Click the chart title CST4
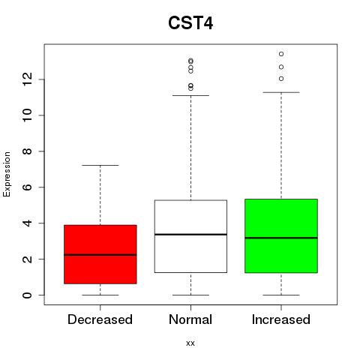click(190, 23)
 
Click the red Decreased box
click(100, 254)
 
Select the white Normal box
click(190, 236)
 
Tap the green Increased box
click(281, 235)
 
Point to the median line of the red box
click(100, 255)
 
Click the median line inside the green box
click(281, 238)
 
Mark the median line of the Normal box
click(190, 234)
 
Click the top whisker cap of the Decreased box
click(100, 165)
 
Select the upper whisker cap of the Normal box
click(190, 95)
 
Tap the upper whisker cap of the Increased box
click(281, 92)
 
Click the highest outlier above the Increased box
click(281, 54)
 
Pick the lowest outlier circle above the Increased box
click(281, 79)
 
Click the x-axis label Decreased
click(100, 319)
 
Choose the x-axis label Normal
click(190, 319)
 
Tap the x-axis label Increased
click(281, 319)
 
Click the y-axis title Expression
click(7, 174)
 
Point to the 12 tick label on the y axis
click(27, 79)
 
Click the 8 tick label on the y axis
click(27, 151)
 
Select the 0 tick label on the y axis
click(27, 295)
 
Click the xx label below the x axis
click(190, 343)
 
